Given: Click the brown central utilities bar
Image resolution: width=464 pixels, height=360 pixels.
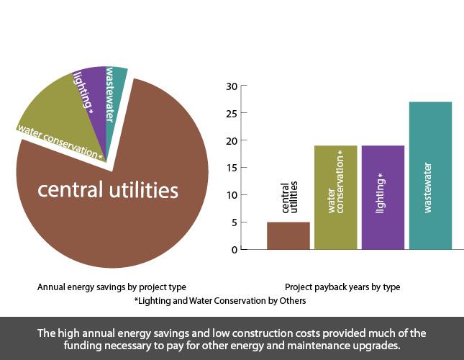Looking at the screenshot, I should click(288, 235).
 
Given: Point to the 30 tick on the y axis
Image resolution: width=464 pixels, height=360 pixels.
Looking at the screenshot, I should click(231, 86).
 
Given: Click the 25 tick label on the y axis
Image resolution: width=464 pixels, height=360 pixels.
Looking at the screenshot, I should click(231, 113).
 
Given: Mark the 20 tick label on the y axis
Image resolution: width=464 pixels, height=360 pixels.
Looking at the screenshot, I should click(231, 140).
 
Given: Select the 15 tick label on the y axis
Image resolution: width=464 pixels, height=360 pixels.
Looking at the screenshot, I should click(231, 168).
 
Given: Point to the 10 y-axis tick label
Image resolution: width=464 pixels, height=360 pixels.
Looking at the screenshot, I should click(231, 195).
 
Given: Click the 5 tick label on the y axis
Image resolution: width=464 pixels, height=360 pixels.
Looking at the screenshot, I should click(233, 222).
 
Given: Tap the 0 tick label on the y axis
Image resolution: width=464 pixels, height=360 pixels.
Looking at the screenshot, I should click(233, 250).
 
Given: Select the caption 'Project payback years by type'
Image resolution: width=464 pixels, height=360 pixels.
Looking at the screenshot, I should click(342, 287).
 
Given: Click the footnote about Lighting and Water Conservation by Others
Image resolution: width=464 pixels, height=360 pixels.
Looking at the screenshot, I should click(220, 300).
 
